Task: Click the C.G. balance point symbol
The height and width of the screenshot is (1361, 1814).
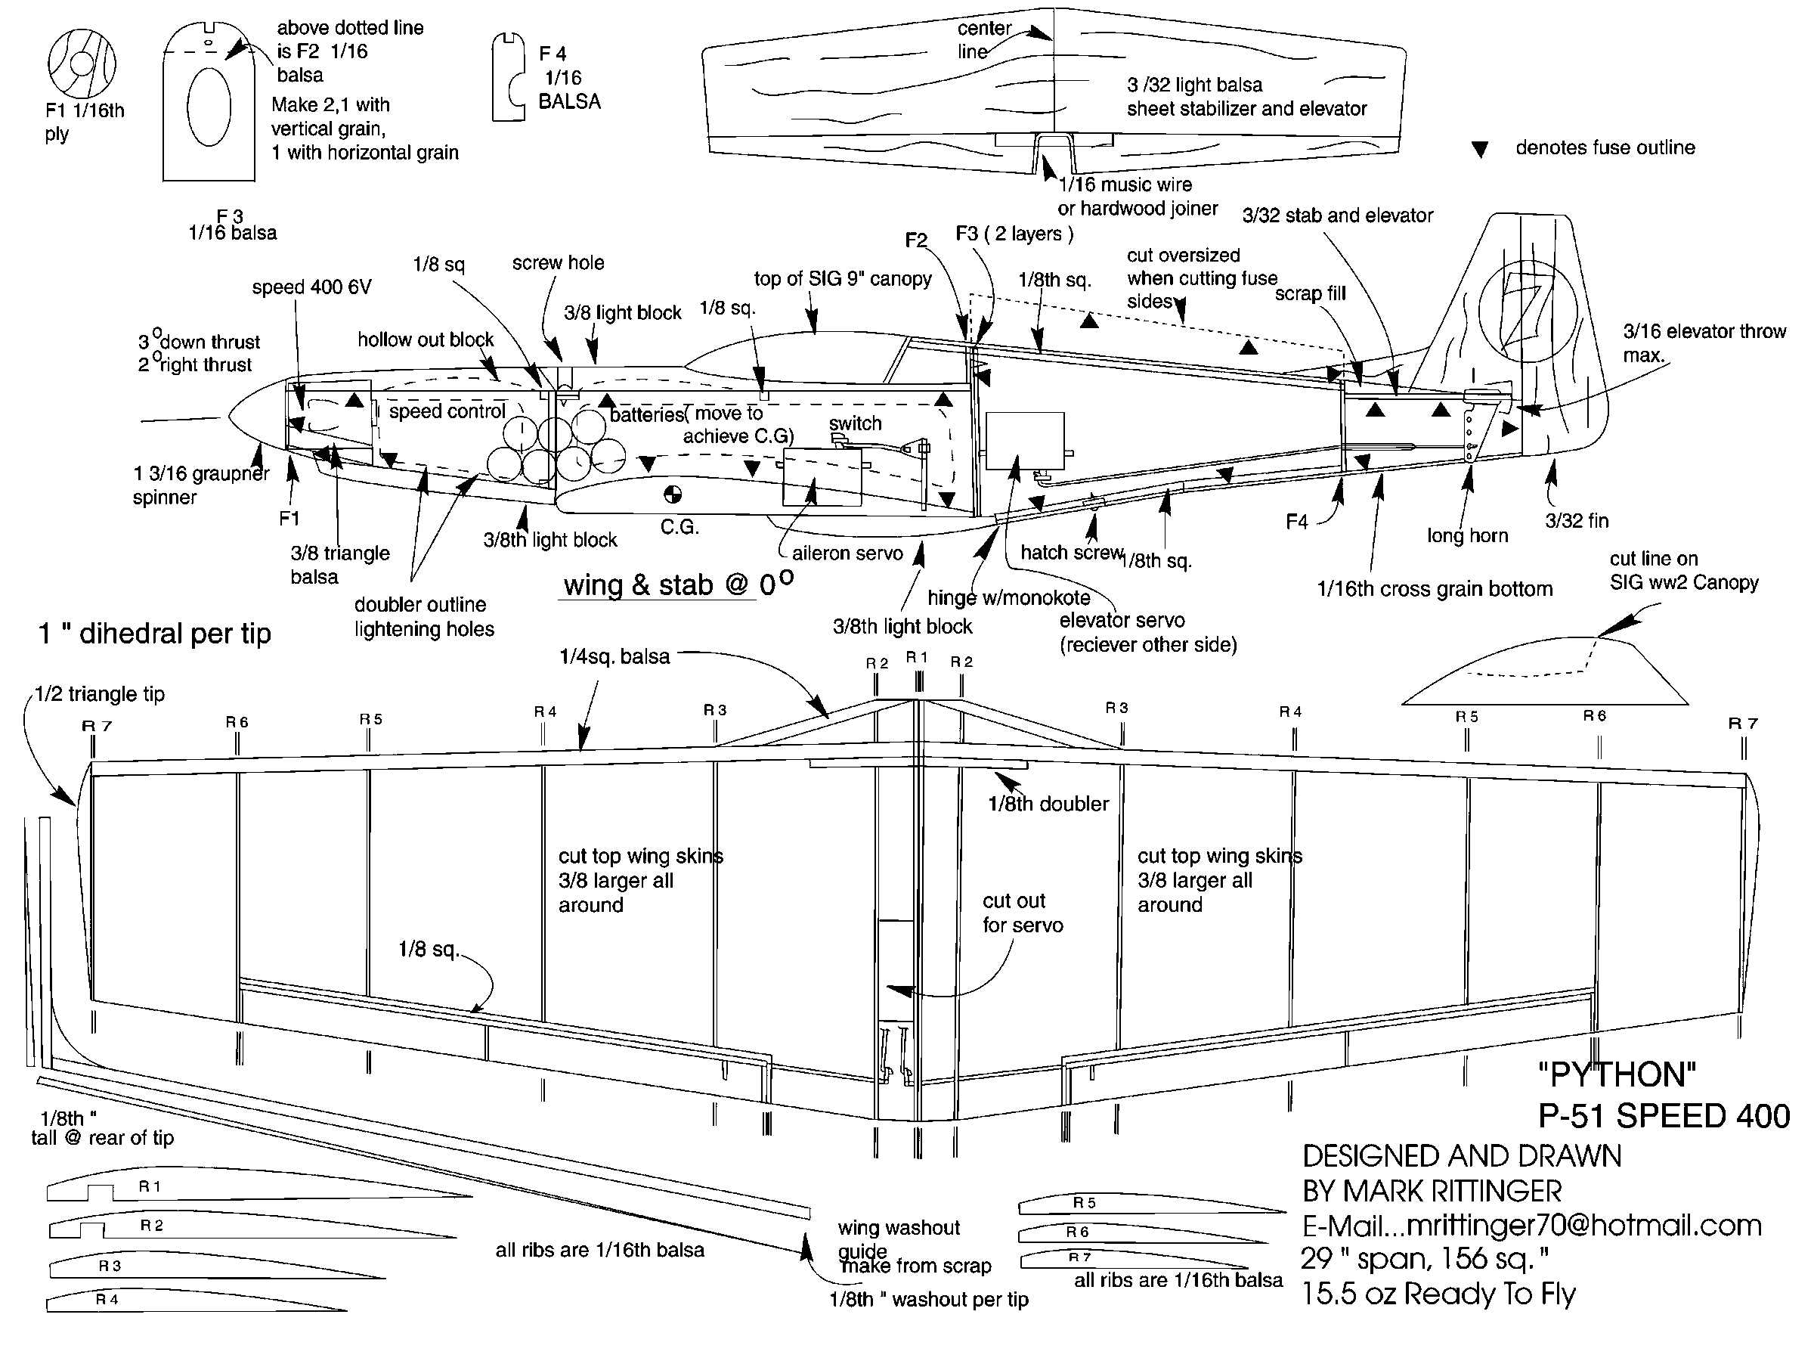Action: click(672, 494)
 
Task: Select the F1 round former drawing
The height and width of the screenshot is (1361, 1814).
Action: click(81, 64)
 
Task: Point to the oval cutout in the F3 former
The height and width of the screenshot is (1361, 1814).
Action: click(209, 107)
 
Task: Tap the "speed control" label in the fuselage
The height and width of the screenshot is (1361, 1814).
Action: click(447, 411)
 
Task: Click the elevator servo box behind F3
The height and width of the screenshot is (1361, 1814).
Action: click(1024, 441)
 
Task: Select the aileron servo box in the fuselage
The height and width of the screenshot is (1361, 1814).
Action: click(822, 476)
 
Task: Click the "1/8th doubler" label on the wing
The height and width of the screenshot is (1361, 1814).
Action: click(1048, 804)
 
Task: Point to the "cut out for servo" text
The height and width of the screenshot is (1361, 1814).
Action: click(1023, 913)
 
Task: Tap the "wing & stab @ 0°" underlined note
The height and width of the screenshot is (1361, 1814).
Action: click(677, 586)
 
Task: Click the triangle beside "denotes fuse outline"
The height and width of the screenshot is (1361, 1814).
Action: click(1479, 149)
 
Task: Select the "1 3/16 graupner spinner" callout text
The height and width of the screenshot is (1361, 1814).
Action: click(201, 485)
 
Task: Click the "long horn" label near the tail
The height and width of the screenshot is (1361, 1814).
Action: click(1467, 535)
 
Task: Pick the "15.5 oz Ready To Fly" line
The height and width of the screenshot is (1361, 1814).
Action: click(1438, 1294)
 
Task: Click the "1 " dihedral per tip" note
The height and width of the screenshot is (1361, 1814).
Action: click(154, 634)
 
